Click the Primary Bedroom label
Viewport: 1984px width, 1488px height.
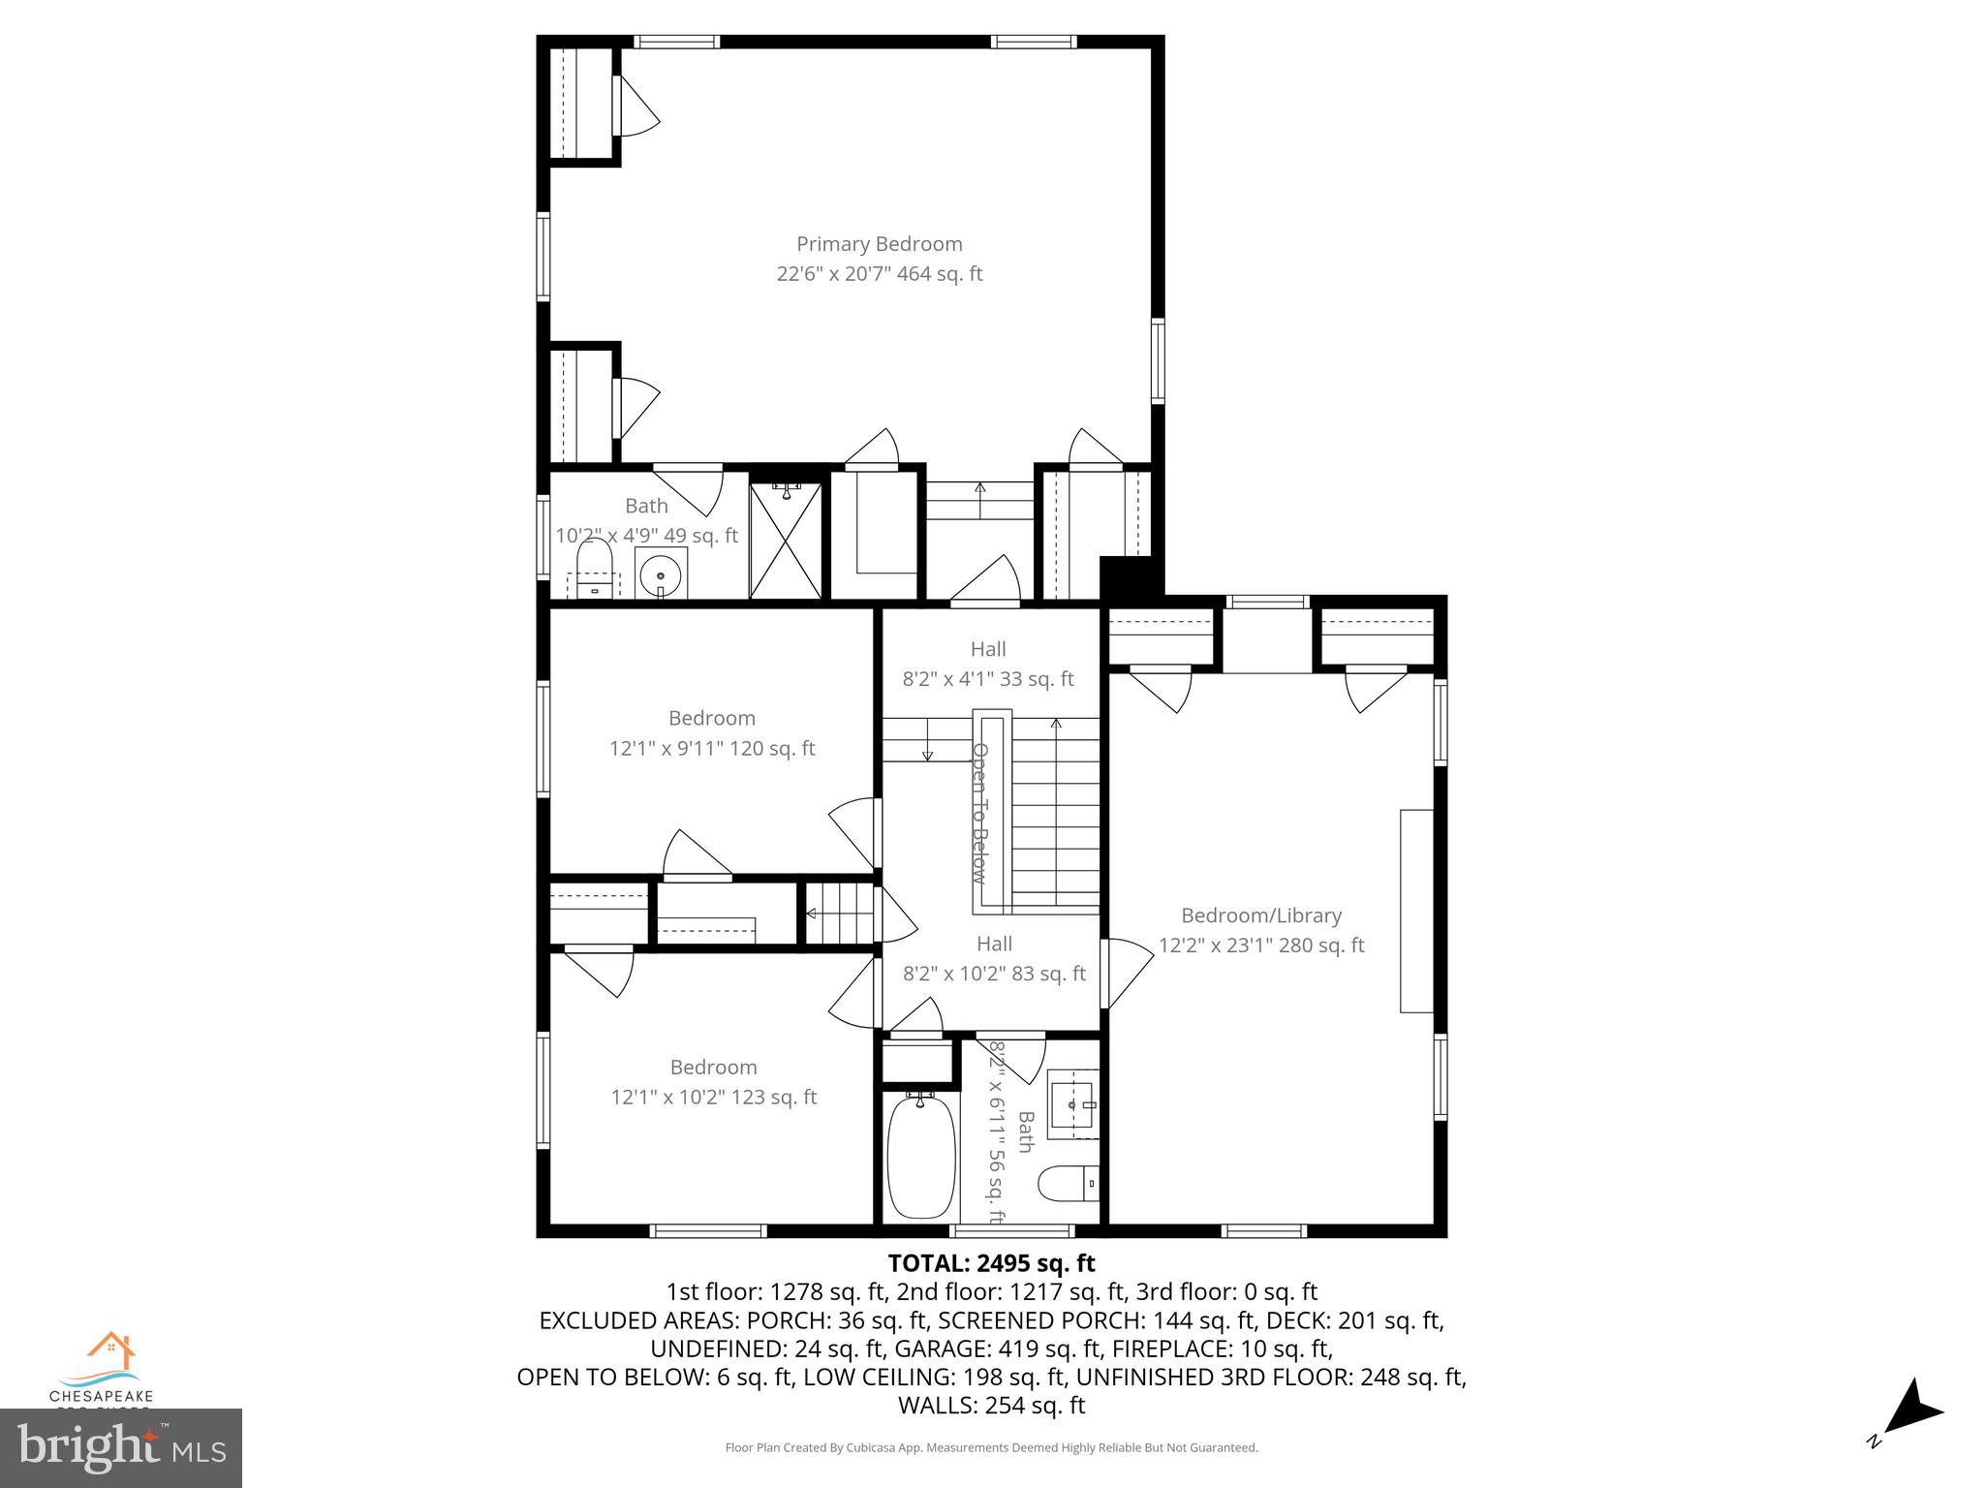pos(879,244)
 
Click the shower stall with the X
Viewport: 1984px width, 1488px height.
pos(786,540)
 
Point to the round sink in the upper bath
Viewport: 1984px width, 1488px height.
pos(661,573)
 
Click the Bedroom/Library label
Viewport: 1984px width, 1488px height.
pos(1260,915)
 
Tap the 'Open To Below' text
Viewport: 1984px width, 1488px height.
pos(980,814)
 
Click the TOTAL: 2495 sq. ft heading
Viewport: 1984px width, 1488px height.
pos(991,1263)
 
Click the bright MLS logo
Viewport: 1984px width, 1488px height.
pos(121,1448)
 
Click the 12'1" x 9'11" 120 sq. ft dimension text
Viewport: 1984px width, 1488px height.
pos(712,749)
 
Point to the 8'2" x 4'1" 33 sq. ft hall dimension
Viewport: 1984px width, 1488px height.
pos(988,679)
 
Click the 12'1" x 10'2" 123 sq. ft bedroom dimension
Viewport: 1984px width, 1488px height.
pos(713,1098)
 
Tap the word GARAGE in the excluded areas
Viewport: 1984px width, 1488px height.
pos(931,1348)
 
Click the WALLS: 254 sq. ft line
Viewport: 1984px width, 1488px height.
pos(991,1405)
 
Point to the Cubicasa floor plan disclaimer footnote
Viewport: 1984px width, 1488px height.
pos(991,1447)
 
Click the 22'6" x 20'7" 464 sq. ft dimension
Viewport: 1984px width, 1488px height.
pos(879,274)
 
